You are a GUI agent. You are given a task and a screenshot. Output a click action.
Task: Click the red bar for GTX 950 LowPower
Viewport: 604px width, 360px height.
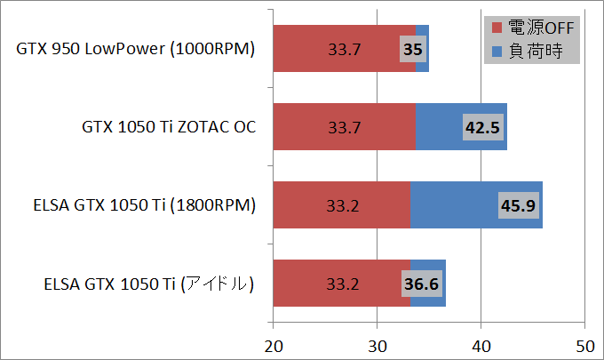[338, 49]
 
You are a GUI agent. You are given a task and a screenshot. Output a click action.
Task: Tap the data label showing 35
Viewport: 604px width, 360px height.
[412, 49]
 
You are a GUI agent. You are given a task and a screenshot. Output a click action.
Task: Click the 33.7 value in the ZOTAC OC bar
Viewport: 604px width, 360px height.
[344, 127]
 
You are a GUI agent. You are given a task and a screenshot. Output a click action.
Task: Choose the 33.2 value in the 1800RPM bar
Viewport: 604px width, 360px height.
[342, 206]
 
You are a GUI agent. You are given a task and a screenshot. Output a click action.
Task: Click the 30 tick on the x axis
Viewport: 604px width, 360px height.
[377, 344]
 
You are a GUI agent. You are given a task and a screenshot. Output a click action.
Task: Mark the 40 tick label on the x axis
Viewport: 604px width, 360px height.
[481, 344]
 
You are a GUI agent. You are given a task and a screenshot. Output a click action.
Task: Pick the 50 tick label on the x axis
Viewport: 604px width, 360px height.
[584, 344]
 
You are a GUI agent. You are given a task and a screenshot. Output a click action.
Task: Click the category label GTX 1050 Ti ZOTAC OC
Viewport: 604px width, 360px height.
[169, 127]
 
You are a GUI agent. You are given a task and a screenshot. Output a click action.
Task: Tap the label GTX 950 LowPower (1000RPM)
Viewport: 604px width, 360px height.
[136, 49]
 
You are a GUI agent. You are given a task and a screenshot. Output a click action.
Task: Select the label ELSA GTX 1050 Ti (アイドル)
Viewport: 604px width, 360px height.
[149, 284]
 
